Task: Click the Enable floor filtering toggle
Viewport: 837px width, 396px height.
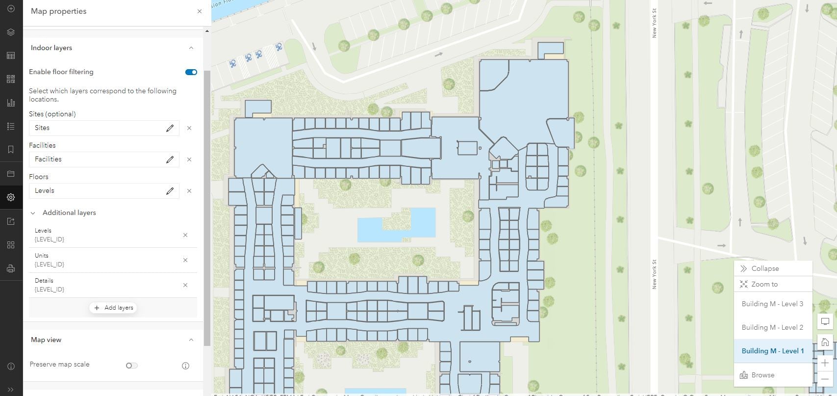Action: point(191,72)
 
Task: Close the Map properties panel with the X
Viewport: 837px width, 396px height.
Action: point(200,11)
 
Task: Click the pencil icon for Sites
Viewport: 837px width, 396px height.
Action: point(170,128)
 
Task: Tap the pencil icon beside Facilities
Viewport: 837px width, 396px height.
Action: point(170,159)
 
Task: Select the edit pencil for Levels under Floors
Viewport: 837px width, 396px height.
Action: point(170,191)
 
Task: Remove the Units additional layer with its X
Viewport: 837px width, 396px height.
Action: point(185,260)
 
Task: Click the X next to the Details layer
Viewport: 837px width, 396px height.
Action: point(185,285)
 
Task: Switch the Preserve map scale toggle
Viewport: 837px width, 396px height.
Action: point(131,365)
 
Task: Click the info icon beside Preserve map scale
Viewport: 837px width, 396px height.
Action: point(185,366)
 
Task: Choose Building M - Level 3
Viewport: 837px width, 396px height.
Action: point(772,304)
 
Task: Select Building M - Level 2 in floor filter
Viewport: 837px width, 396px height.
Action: point(772,327)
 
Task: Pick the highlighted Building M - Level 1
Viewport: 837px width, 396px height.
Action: point(772,351)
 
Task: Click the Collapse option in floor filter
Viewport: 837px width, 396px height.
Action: point(765,268)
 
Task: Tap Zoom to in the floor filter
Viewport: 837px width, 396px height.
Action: point(764,284)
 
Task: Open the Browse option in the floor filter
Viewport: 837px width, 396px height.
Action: point(762,375)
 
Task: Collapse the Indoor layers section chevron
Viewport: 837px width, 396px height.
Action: point(191,48)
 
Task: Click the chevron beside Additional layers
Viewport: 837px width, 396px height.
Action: point(33,213)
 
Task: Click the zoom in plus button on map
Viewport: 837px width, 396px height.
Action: point(825,363)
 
